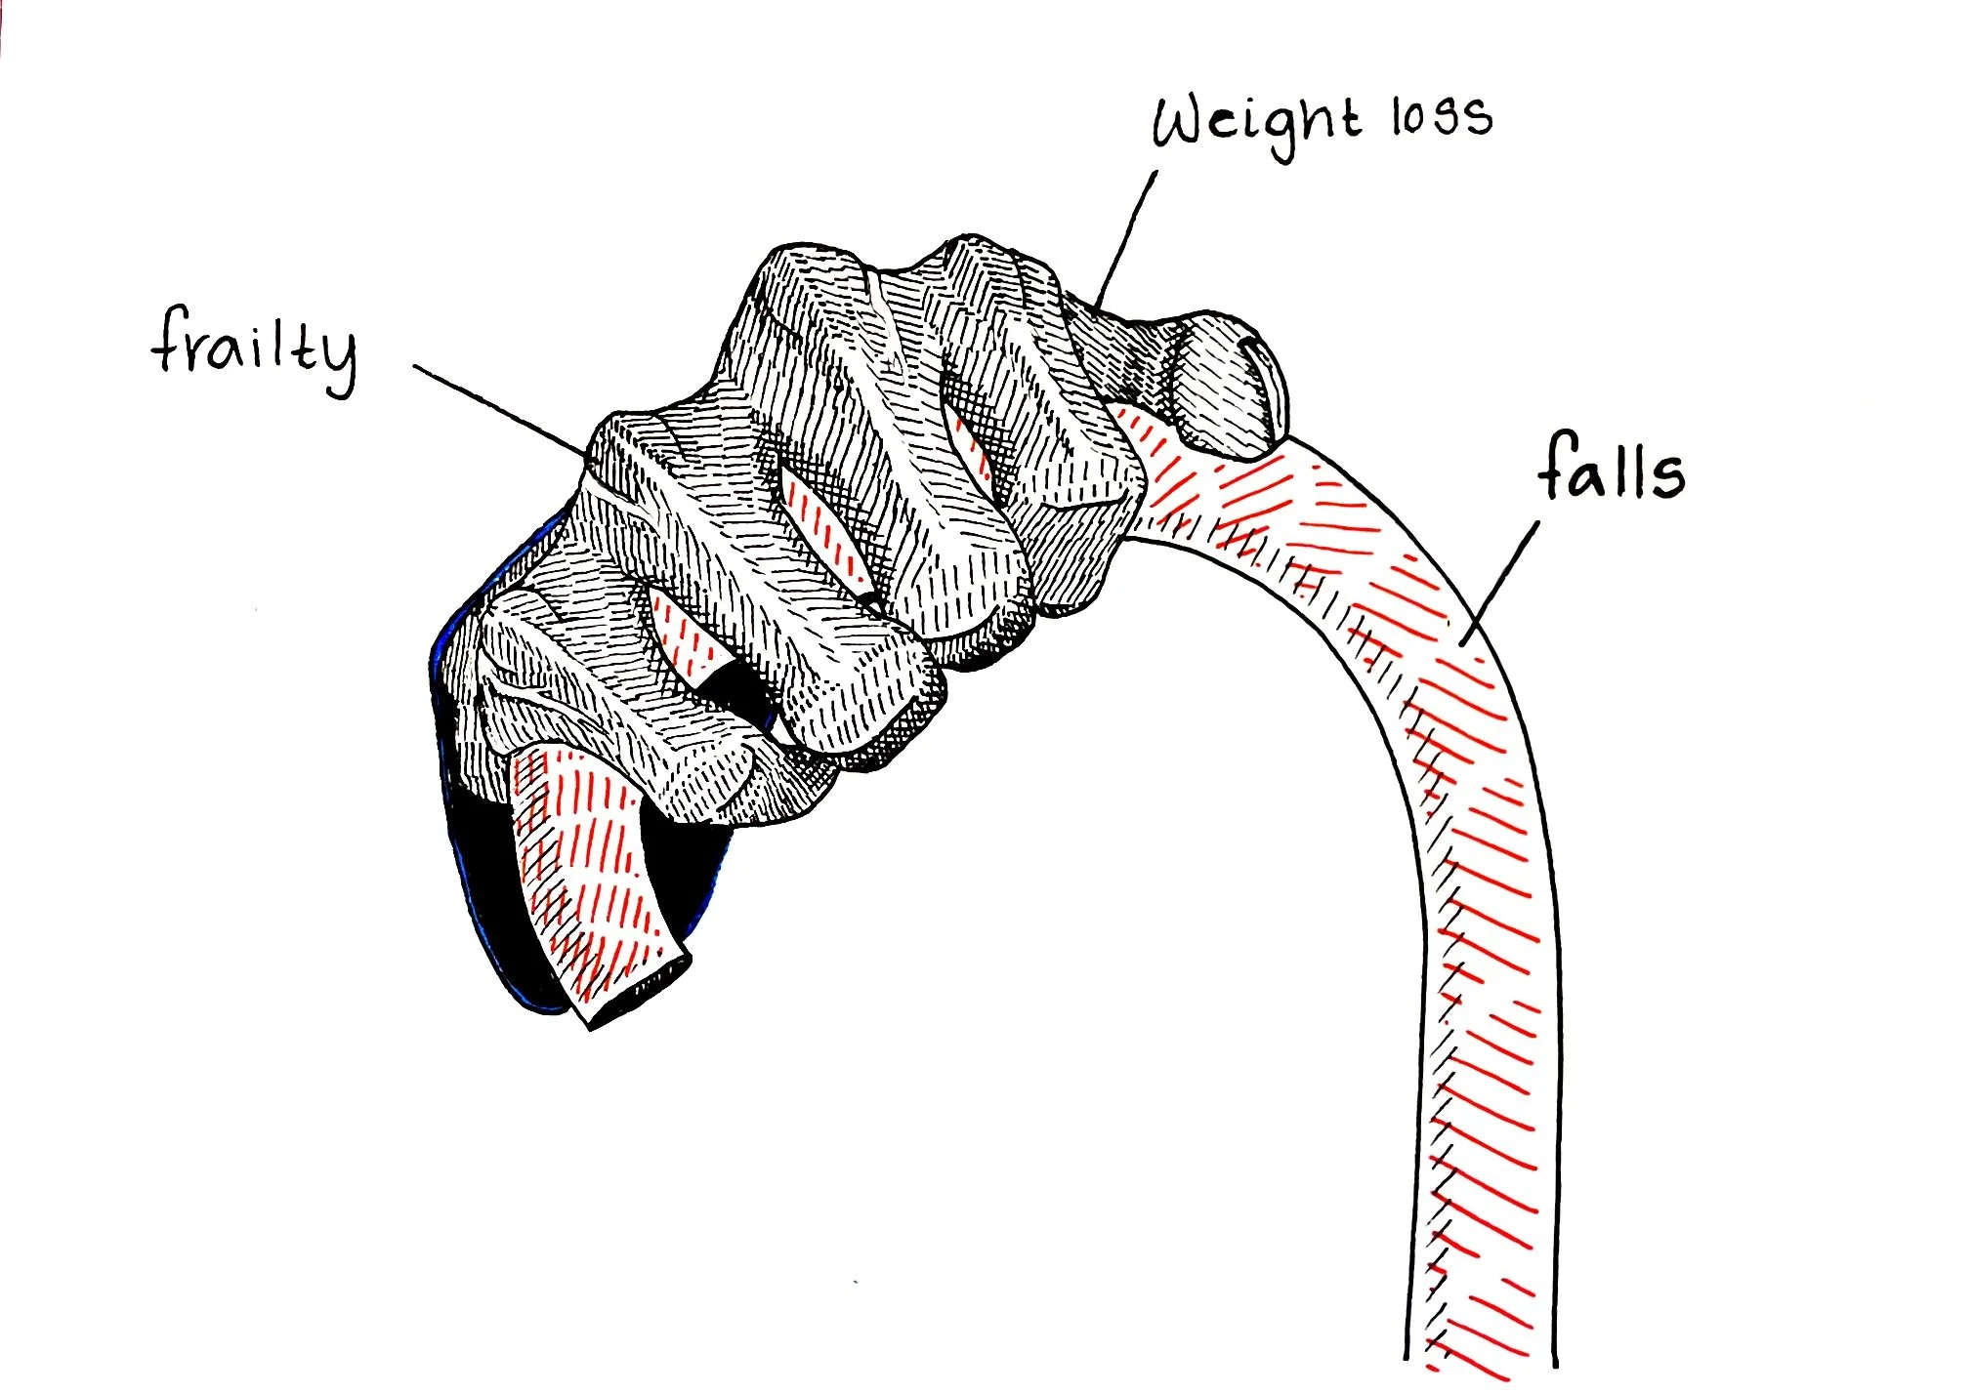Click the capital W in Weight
coord(1184,122)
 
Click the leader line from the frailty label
coord(501,410)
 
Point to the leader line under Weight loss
coord(1126,239)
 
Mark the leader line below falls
coord(1500,583)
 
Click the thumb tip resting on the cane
coord(1226,386)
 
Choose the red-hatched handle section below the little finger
coord(586,869)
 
